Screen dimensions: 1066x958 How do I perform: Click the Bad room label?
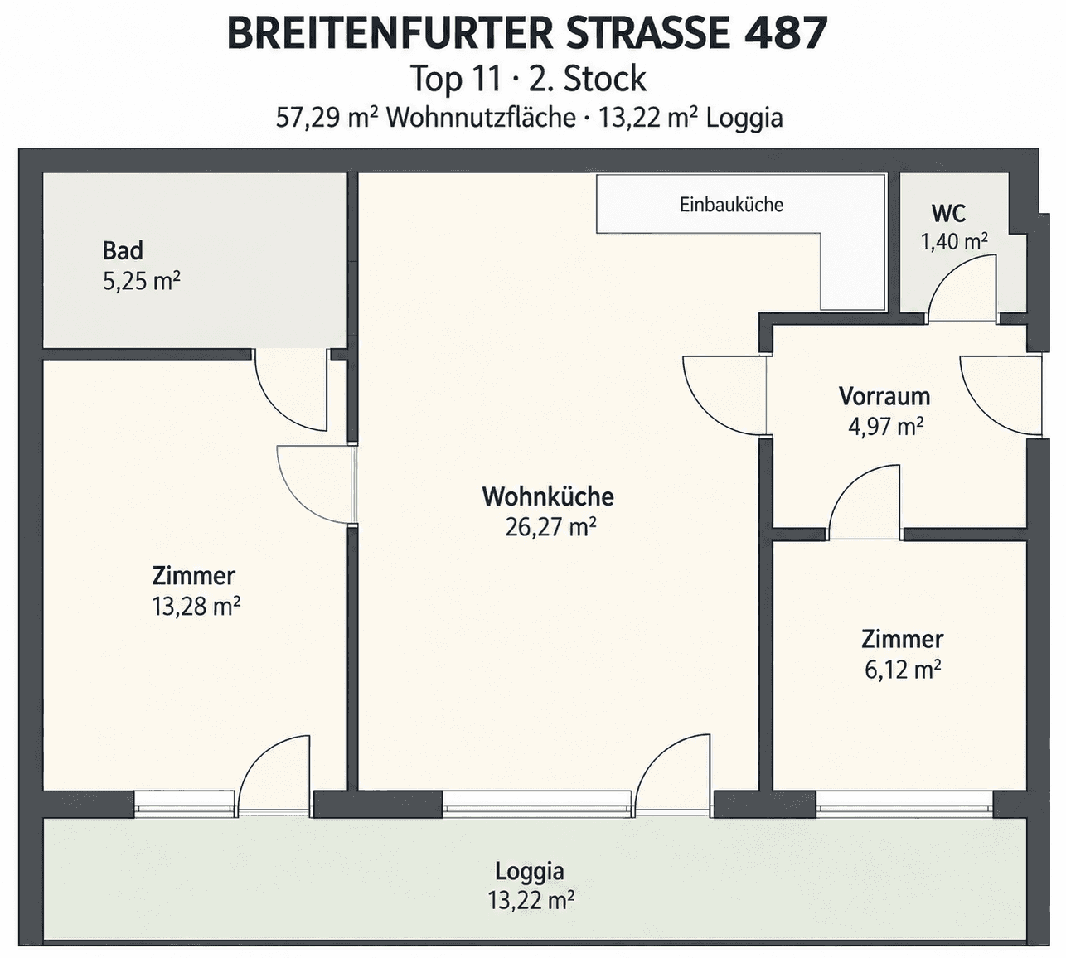(x=123, y=251)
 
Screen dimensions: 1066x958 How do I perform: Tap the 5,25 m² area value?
(x=142, y=281)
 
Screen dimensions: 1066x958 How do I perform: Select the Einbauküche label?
(x=731, y=205)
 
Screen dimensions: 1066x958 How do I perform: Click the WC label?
(x=948, y=214)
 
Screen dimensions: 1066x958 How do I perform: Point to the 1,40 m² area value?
(x=954, y=242)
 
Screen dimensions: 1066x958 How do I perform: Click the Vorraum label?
(x=884, y=396)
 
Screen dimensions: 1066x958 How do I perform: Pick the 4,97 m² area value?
(x=885, y=426)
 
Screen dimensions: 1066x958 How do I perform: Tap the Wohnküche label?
(x=548, y=496)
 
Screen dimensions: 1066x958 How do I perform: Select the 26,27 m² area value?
(x=550, y=528)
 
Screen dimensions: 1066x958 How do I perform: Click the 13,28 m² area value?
(x=196, y=607)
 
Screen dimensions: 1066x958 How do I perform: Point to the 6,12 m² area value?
(x=903, y=670)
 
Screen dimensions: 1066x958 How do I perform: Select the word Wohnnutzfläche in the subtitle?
(x=481, y=118)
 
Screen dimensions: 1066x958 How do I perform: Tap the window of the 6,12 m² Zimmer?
(x=904, y=805)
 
